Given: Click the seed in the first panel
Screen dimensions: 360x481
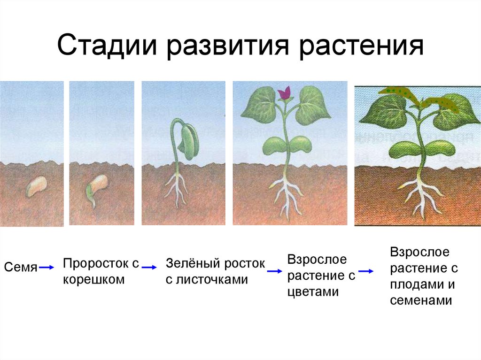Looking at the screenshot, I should coord(36,186).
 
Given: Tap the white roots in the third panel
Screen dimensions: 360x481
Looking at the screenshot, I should coord(177,188).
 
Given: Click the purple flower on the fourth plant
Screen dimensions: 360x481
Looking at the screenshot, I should coord(284,93).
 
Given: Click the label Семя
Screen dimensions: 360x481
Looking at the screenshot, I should coord(21,268).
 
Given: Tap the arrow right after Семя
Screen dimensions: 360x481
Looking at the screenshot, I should coord(47,268).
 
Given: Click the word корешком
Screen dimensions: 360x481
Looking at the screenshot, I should coord(94,280).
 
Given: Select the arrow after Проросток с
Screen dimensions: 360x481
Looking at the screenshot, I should coord(149,267).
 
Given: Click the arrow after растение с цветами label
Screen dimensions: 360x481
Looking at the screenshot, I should coord(366,271).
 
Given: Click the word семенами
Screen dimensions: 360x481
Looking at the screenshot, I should coord(421,301).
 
